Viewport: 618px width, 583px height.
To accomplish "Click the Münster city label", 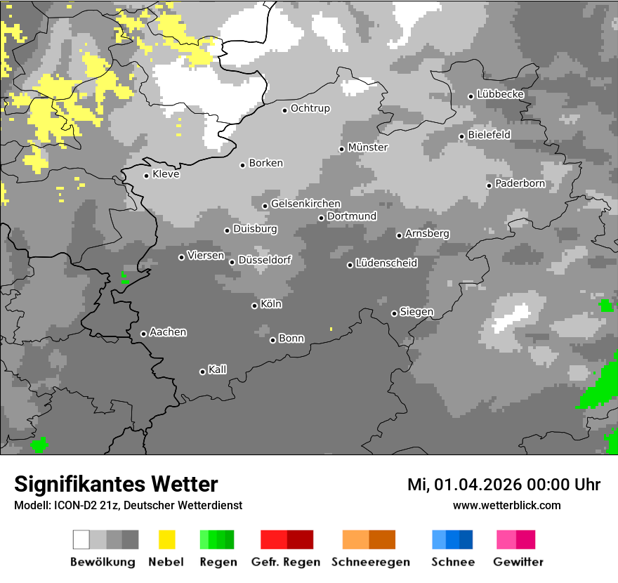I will pyautogui.click(x=368, y=148).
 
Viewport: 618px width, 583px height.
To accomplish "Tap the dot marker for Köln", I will pyautogui.click(x=254, y=306).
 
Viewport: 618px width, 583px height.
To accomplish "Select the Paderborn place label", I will pyautogui.click(x=520, y=184).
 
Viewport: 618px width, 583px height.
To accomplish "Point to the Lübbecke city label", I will pyautogui.click(x=500, y=94).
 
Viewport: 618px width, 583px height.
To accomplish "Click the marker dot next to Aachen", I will pyautogui.click(x=143, y=334).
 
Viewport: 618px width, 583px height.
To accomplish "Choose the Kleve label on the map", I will pyautogui.click(x=166, y=174).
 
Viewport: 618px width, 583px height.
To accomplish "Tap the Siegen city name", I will pyautogui.click(x=416, y=312).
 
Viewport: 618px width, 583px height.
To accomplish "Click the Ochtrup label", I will pyautogui.click(x=310, y=108).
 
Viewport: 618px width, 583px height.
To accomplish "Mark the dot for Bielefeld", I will pyautogui.click(x=461, y=136).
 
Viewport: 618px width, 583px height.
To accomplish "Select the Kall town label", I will pyautogui.click(x=217, y=369).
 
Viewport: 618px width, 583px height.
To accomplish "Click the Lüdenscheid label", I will pyautogui.click(x=386, y=263).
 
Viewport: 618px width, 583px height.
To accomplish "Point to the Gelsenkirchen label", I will pyautogui.click(x=305, y=204).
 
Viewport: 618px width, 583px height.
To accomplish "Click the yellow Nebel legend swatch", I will pyautogui.click(x=167, y=539).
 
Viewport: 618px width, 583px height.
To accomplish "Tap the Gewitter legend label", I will pyautogui.click(x=518, y=562).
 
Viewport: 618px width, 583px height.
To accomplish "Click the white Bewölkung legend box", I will pyautogui.click(x=81, y=539).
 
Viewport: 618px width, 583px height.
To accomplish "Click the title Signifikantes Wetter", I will pyautogui.click(x=116, y=484).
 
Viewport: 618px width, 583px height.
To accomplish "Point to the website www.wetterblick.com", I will pyautogui.click(x=506, y=505).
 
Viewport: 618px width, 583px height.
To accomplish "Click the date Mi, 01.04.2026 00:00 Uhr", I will pyautogui.click(x=504, y=485).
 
